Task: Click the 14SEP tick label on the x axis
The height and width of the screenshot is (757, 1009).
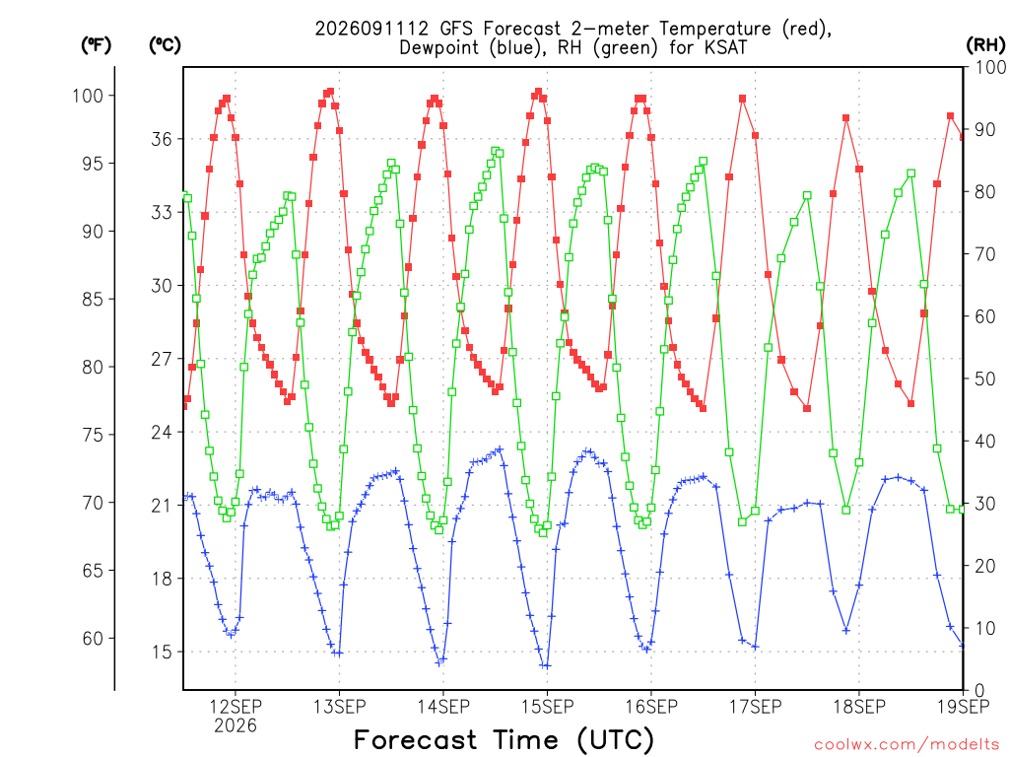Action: pyautogui.click(x=443, y=707)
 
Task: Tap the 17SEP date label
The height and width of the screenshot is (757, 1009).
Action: pyautogui.click(x=756, y=707)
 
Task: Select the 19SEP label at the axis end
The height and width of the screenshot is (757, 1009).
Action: pyautogui.click(x=964, y=707)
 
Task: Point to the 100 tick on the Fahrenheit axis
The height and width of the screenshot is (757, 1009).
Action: pyautogui.click(x=88, y=96)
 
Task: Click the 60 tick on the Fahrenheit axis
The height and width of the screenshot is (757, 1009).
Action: pyautogui.click(x=92, y=639)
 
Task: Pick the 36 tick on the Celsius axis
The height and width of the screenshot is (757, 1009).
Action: pyautogui.click(x=162, y=139)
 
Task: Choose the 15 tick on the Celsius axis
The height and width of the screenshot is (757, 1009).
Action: pyautogui.click(x=162, y=653)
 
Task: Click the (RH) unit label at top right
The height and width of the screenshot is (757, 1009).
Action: pyautogui.click(x=985, y=44)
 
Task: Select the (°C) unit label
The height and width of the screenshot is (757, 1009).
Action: pyautogui.click(x=165, y=44)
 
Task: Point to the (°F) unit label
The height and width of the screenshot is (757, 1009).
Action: pyautogui.click(x=96, y=44)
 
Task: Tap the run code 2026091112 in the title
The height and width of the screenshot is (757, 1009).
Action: pyautogui.click(x=371, y=29)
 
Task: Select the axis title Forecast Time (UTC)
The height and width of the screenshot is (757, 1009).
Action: pyautogui.click(x=504, y=739)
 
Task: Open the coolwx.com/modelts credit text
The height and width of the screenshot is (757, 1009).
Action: pyautogui.click(x=907, y=745)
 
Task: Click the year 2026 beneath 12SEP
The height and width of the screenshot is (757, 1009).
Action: pyautogui.click(x=235, y=725)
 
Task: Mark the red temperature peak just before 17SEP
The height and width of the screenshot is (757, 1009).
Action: pyautogui.click(x=743, y=99)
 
